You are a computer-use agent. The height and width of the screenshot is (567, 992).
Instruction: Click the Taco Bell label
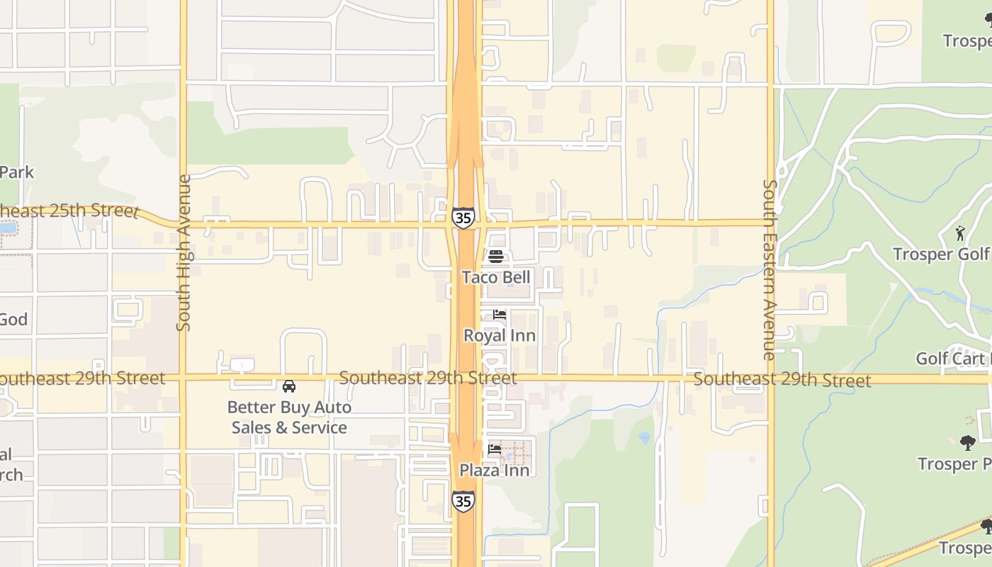(x=496, y=277)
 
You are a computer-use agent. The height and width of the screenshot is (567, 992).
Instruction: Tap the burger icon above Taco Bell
(x=496, y=257)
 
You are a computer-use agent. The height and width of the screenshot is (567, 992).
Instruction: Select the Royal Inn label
(x=500, y=335)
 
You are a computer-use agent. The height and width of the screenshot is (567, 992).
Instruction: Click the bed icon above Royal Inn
(x=500, y=315)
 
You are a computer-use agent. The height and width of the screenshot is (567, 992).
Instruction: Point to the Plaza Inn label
(x=495, y=470)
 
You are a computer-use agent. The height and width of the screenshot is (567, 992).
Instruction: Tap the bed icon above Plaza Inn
(x=495, y=449)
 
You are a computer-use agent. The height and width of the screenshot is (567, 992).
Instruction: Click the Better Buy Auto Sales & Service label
(x=289, y=417)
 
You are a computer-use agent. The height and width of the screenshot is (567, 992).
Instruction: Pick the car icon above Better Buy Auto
(x=289, y=386)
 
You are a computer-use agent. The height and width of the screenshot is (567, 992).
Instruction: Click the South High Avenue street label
(x=184, y=252)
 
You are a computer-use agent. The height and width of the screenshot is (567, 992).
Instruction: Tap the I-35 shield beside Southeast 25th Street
(x=463, y=218)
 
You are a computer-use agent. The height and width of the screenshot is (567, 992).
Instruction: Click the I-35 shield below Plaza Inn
(x=463, y=501)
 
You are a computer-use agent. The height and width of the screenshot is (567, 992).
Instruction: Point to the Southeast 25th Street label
(x=68, y=211)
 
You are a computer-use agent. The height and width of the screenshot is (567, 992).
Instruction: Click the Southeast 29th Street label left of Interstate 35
(x=428, y=378)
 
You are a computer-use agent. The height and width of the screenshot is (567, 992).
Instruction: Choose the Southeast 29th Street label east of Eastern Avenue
(x=782, y=380)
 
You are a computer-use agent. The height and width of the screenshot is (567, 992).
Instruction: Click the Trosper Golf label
(x=941, y=254)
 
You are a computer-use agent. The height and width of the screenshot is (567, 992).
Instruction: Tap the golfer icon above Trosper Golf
(x=960, y=232)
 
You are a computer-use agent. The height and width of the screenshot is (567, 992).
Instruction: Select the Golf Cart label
(x=953, y=358)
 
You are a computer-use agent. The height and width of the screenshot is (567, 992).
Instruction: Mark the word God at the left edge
(x=13, y=320)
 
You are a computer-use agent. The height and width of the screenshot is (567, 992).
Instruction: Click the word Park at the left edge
(x=16, y=172)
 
